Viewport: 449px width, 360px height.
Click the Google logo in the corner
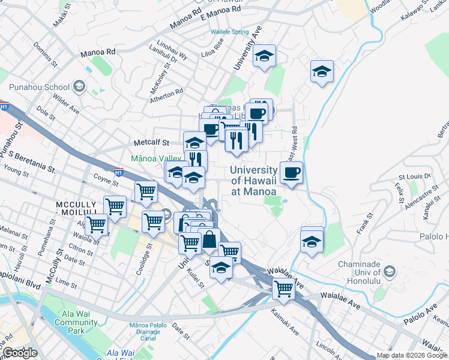click(x=20, y=353)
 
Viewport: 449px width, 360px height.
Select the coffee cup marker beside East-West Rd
click(x=291, y=173)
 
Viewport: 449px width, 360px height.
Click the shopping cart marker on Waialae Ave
click(x=283, y=289)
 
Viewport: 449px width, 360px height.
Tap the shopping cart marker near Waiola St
click(x=97, y=226)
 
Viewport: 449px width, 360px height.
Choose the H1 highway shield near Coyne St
click(x=118, y=173)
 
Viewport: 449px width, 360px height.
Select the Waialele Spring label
click(x=229, y=32)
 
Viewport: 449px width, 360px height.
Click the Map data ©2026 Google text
click(x=411, y=355)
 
